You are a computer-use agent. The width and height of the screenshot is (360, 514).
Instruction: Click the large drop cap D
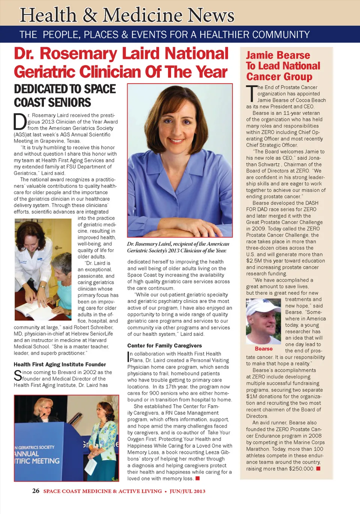pyautogui.click(x=20, y=122)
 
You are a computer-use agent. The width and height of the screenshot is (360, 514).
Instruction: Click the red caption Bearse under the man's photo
pyautogui.click(x=264, y=349)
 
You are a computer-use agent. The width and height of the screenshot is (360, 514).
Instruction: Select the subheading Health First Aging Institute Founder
pyautogui.click(x=60, y=364)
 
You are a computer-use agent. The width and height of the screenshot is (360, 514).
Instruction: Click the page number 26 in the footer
pyautogui.click(x=36, y=491)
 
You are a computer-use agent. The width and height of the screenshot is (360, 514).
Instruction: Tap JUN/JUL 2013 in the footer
pyautogui.click(x=187, y=491)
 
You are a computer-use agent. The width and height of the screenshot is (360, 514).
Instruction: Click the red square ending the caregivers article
pyautogui.click(x=198, y=478)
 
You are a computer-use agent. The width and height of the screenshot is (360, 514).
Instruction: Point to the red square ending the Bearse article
pyautogui.click(x=318, y=469)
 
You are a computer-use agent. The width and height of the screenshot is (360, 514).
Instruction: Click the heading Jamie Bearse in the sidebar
pyautogui.click(x=278, y=55)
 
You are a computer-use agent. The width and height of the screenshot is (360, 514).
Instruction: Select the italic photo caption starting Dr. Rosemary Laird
pyautogui.click(x=178, y=247)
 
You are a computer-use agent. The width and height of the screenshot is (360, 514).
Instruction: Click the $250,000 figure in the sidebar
pyautogui.click(x=301, y=469)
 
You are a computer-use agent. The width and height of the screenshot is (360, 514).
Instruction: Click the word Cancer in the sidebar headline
pyautogui.click(x=261, y=77)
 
